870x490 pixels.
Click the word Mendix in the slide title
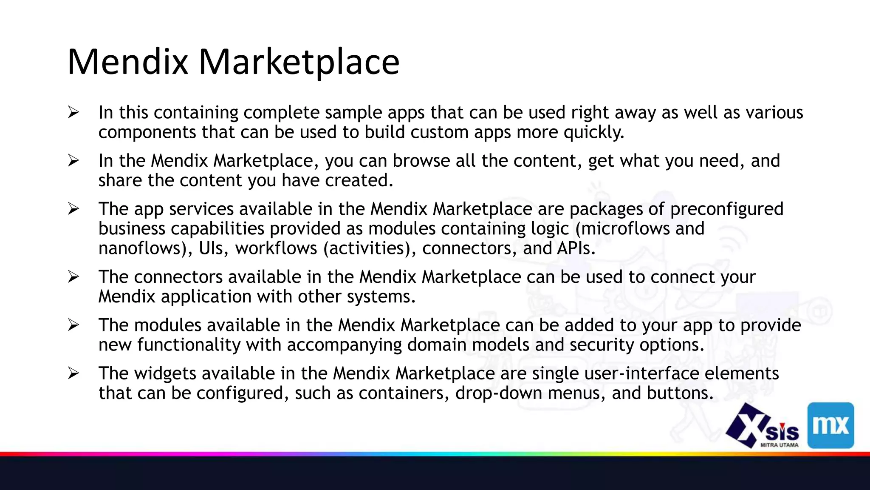[127, 62]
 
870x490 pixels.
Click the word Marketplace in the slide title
[299, 62]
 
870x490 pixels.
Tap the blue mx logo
[830, 425]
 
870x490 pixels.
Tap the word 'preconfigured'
[726, 209]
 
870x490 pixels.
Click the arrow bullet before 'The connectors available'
[73, 277]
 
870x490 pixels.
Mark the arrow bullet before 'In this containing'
[73, 113]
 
